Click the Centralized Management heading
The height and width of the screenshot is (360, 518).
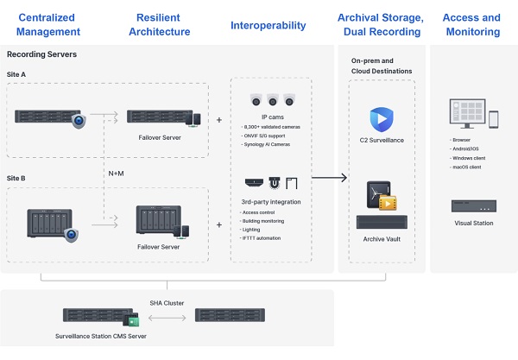click(49, 24)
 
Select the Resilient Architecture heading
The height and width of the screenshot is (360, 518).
click(159, 24)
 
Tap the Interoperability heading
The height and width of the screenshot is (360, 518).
click(268, 25)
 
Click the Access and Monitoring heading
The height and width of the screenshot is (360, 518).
click(471, 24)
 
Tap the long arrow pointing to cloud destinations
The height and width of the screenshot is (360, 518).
click(328, 178)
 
